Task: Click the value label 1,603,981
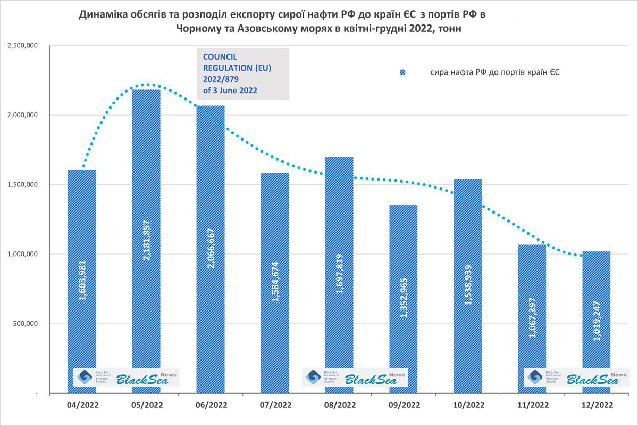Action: click(x=82, y=281)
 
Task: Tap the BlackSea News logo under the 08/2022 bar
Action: click(x=355, y=377)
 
